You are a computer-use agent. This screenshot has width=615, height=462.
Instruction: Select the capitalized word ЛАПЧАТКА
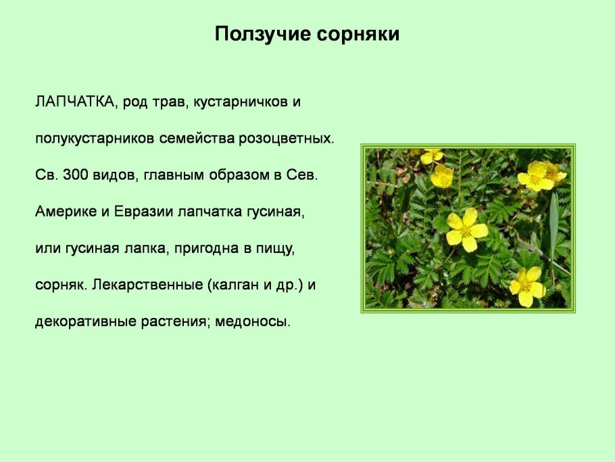click(x=74, y=102)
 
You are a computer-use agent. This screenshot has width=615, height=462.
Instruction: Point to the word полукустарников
click(x=95, y=139)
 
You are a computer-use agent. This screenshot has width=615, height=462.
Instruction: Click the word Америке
click(x=65, y=212)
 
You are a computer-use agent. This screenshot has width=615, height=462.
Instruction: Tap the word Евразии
click(x=142, y=212)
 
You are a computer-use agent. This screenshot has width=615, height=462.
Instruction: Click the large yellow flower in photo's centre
click(x=466, y=230)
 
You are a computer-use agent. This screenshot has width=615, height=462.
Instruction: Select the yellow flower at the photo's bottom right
click(x=527, y=287)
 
